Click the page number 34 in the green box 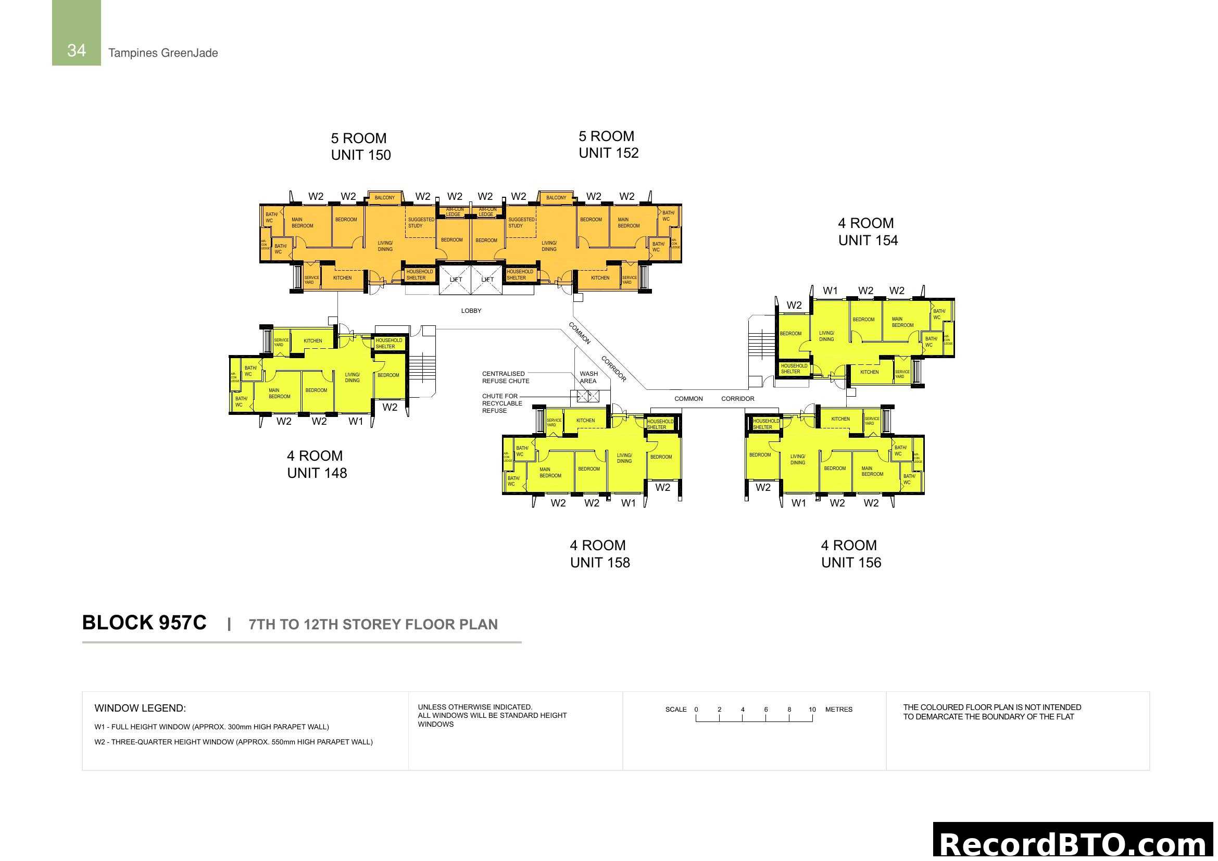77,50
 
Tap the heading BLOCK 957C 144,623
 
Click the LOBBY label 471,311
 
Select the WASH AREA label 588,377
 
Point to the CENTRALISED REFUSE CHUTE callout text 505,377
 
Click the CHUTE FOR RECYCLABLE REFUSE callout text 502,403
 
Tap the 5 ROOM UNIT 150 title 361,146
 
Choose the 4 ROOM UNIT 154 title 868,232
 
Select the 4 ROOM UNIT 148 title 317,464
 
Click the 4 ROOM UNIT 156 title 851,554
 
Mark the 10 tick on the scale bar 812,710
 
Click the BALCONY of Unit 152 556,198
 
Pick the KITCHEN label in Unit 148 313,341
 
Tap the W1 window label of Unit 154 830,290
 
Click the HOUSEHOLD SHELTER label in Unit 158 660,424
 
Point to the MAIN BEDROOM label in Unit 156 872,471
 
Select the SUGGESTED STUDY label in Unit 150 421,223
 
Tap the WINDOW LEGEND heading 140,708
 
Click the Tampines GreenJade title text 163,53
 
